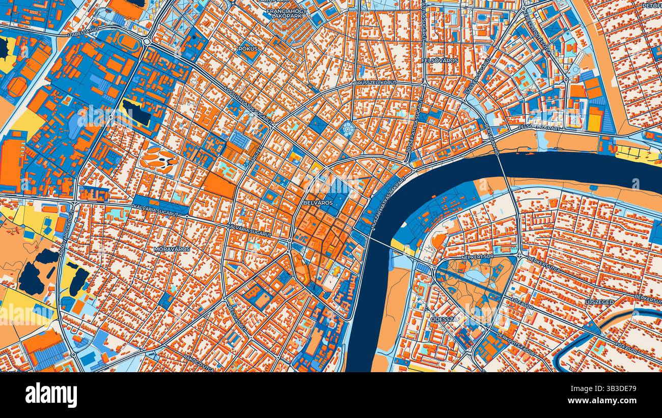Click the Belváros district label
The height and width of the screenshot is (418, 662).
tap(317, 203)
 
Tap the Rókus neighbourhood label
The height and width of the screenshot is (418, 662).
tap(248, 49)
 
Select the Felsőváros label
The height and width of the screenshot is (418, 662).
tap(440, 61)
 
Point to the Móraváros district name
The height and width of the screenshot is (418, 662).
tap(172, 249)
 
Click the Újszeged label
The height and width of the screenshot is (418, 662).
tap(599, 302)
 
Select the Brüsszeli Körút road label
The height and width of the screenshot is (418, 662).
tap(375, 82)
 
